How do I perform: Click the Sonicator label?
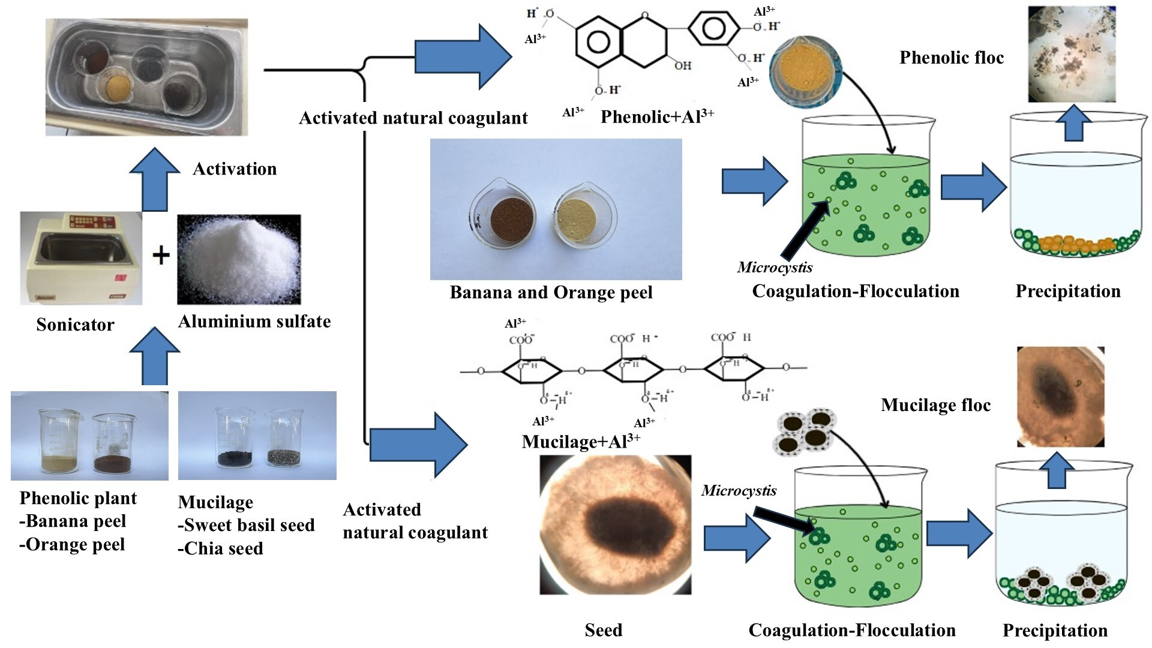pyautogui.click(x=75, y=325)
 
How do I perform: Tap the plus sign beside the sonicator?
pyautogui.click(x=161, y=256)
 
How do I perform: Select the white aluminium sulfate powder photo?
pyautogui.click(x=239, y=259)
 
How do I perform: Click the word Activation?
pyautogui.click(x=235, y=169)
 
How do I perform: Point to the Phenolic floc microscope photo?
pyautogui.click(x=1072, y=54)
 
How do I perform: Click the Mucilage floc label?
pyautogui.click(x=935, y=405)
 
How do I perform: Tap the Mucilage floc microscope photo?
pyautogui.click(x=1060, y=397)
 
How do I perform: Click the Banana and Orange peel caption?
pyautogui.click(x=551, y=293)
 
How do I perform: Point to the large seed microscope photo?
pyautogui.click(x=616, y=524)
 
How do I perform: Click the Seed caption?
pyautogui.click(x=603, y=630)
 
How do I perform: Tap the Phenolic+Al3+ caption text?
pyautogui.click(x=657, y=116)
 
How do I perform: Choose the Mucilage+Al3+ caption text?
pyautogui.click(x=581, y=442)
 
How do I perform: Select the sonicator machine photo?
pyautogui.click(x=81, y=257)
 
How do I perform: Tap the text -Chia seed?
pyautogui.click(x=221, y=548)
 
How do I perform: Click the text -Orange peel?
pyautogui.click(x=73, y=545)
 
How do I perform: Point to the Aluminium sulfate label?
pyautogui.click(x=254, y=322)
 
